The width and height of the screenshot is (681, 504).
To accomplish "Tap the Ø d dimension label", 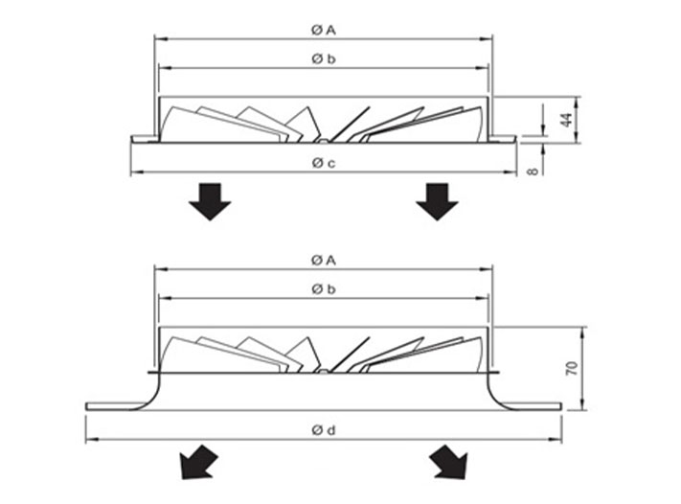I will click(323, 431).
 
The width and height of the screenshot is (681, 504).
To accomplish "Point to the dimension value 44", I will click(566, 120).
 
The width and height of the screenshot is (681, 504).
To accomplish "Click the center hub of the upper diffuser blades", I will click(324, 141).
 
